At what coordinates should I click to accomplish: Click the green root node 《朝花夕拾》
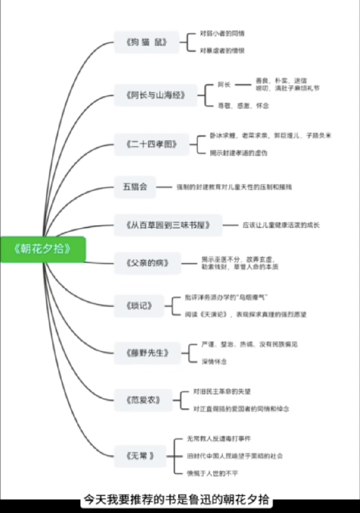(43, 249)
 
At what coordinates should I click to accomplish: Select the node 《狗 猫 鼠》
(147, 42)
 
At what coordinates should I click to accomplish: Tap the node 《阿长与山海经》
(156, 95)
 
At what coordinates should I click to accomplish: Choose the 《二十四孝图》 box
(152, 144)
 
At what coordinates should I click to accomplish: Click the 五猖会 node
(135, 186)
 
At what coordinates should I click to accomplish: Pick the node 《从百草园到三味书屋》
(168, 225)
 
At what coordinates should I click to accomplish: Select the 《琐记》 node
(139, 306)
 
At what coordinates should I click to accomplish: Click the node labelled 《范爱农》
(144, 400)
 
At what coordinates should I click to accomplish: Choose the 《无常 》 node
(140, 455)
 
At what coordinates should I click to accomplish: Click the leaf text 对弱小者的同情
(222, 34)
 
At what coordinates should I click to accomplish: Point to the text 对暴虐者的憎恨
(222, 51)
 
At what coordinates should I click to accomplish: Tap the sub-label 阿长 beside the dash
(224, 85)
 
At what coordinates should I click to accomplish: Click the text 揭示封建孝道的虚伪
(238, 153)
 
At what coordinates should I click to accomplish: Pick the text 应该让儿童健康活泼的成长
(281, 225)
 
